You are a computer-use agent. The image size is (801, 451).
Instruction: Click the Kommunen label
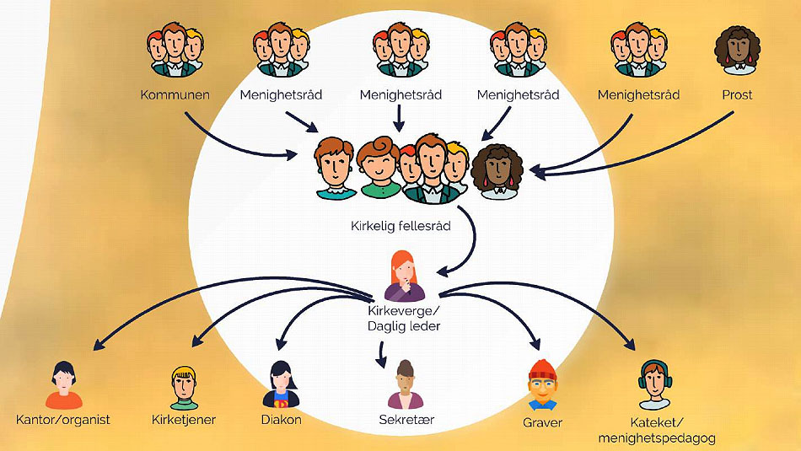click(x=175, y=94)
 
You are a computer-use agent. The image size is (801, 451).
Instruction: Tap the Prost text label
click(x=737, y=94)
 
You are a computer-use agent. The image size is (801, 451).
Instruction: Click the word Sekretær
click(x=406, y=419)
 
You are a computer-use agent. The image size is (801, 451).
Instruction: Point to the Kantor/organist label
click(x=63, y=419)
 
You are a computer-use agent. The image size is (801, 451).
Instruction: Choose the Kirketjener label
click(x=183, y=419)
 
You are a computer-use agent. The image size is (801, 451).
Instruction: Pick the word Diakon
click(x=282, y=419)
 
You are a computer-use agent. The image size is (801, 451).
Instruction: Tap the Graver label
click(x=542, y=421)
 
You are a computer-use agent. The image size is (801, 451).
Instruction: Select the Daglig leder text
click(x=405, y=326)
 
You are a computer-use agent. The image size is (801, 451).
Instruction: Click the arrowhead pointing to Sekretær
click(x=384, y=364)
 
